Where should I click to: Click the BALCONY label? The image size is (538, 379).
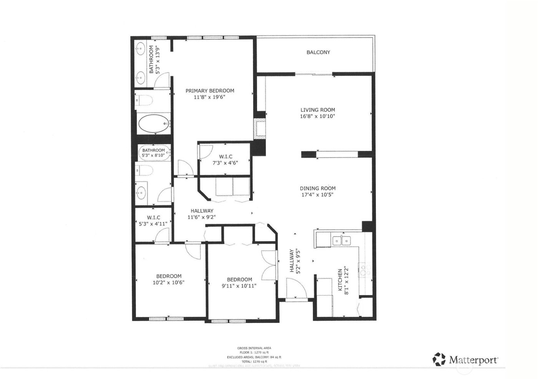pyautogui.click(x=318, y=52)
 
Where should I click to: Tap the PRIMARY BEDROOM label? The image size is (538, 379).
pyautogui.click(x=209, y=91)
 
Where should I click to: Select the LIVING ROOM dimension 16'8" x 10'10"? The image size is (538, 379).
pyautogui.click(x=317, y=116)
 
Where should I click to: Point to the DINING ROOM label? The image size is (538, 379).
pyautogui.click(x=317, y=188)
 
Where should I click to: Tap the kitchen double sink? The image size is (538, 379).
pyautogui.click(x=342, y=240)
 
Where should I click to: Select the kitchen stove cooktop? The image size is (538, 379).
pyautogui.click(x=364, y=270)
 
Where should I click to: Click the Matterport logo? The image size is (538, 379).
pyautogui.click(x=465, y=359)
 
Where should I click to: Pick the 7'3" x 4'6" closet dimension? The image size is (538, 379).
pyautogui.click(x=225, y=162)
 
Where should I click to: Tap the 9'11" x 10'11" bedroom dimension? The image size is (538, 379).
pyautogui.click(x=239, y=286)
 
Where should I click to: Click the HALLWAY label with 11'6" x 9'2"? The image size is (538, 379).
pyautogui.click(x=202, y=211)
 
